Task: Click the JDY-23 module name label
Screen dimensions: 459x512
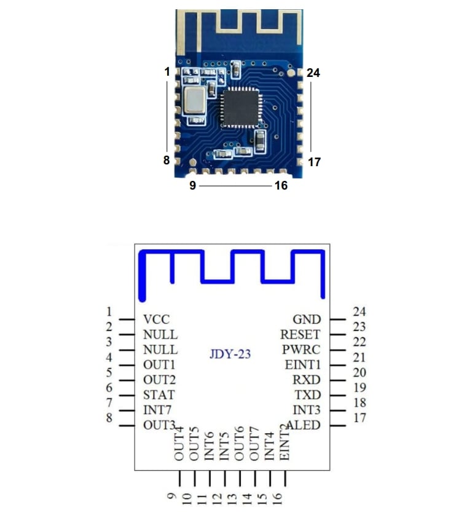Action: point(230,354)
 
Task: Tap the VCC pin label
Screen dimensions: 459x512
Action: point(157,319)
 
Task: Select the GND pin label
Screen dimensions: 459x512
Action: point(307,319)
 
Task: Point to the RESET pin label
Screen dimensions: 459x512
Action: point(300,334)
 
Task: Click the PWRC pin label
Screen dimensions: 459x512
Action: point(302,350)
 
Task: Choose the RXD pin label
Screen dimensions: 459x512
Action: point(307,380)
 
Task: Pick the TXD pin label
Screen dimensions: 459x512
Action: point(308,395)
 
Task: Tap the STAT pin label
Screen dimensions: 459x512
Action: point(159,395)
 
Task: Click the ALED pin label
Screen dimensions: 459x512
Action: point(304,425)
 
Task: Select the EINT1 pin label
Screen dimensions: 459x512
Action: point(303,364)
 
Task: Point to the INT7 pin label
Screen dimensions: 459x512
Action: point(157,410)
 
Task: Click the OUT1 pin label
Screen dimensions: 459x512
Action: point(159,364)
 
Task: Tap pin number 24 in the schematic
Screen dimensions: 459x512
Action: point(359,312)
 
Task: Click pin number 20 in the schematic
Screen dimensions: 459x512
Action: point(359,372)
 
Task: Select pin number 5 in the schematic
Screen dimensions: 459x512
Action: point(109,372)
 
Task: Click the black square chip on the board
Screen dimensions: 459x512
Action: point(240,107)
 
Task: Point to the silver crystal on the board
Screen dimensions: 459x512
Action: point(195,99)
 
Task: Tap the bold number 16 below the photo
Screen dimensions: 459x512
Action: point(281,185)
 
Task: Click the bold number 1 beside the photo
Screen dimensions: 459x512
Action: point(167,71)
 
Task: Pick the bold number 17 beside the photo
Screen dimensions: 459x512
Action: point(314,162)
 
